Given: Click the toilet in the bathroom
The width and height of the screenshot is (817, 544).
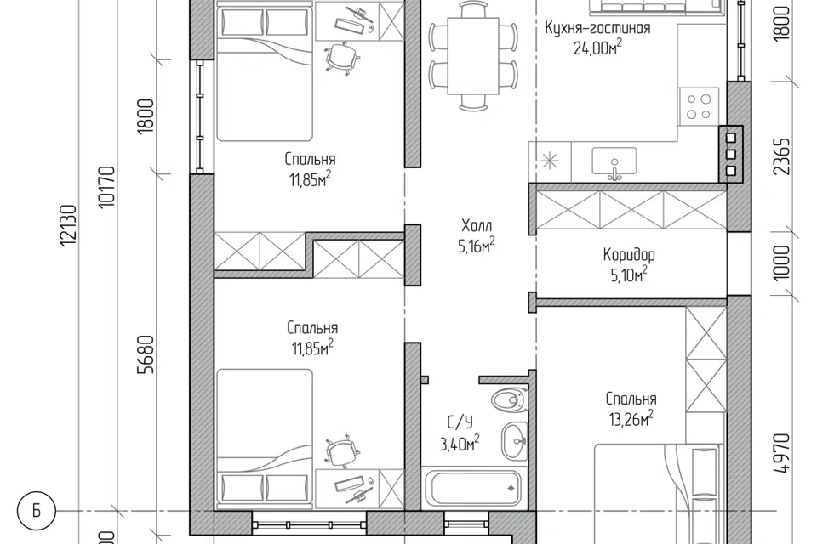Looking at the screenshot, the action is [x=507, y=399].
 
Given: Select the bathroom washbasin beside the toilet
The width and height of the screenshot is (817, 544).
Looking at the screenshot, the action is [x=514, y=441].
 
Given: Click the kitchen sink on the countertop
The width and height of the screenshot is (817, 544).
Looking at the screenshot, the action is [x=614, y=161].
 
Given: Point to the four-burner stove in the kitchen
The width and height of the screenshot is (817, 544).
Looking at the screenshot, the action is [x=699, y=107].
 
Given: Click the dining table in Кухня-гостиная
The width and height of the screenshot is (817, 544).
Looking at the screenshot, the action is [x=473, y=56].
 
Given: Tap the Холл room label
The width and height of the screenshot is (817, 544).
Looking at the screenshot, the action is [x=477, y=226].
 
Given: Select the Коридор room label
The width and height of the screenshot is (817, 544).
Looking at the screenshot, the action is [x=629, y=255].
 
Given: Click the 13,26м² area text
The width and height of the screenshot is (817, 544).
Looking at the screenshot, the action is [x=631, y=419].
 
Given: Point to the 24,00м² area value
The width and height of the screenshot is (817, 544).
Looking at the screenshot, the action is [x=597, y=48].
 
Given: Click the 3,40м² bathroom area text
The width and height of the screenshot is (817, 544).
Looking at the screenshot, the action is [x=460, y=444].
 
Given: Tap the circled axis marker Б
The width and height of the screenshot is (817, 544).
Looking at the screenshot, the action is [x=36, y=511].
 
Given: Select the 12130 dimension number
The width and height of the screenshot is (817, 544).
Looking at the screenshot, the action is [x=69, y=225].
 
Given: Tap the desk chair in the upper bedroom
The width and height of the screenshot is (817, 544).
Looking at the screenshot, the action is [x=342, y=57].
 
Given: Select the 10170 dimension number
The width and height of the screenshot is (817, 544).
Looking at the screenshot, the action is [x=108, y=187].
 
